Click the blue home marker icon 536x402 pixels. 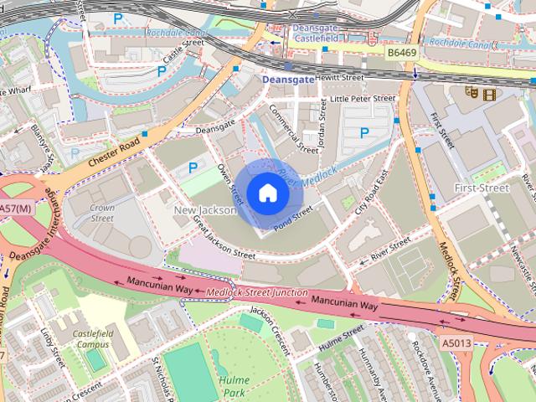click(266, 193)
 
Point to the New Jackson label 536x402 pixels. click(204, 209)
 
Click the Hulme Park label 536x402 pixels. click(234, 385)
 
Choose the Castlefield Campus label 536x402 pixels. click(93, 338)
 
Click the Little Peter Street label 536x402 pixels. click(363, 98)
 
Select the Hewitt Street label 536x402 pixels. click(339, 77)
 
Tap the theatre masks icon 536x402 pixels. click(473, 93)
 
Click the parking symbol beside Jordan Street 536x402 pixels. click(363, 132)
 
